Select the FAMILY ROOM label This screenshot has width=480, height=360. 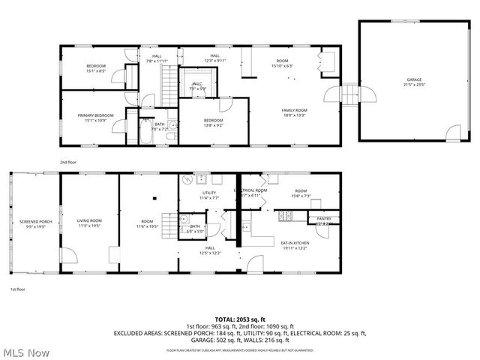tap(294, 110)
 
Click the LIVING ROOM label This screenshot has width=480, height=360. tap(89, 220)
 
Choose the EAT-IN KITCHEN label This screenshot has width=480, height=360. tap(294, 243)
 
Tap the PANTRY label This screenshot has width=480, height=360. tap(323, 219)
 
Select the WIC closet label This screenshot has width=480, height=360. tap(197, 84)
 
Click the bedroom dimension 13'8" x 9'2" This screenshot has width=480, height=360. tap(213, 125)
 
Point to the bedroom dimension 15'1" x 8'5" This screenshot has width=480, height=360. tap(95, 71)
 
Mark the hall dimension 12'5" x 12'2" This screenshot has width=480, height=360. tap(210, 253)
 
